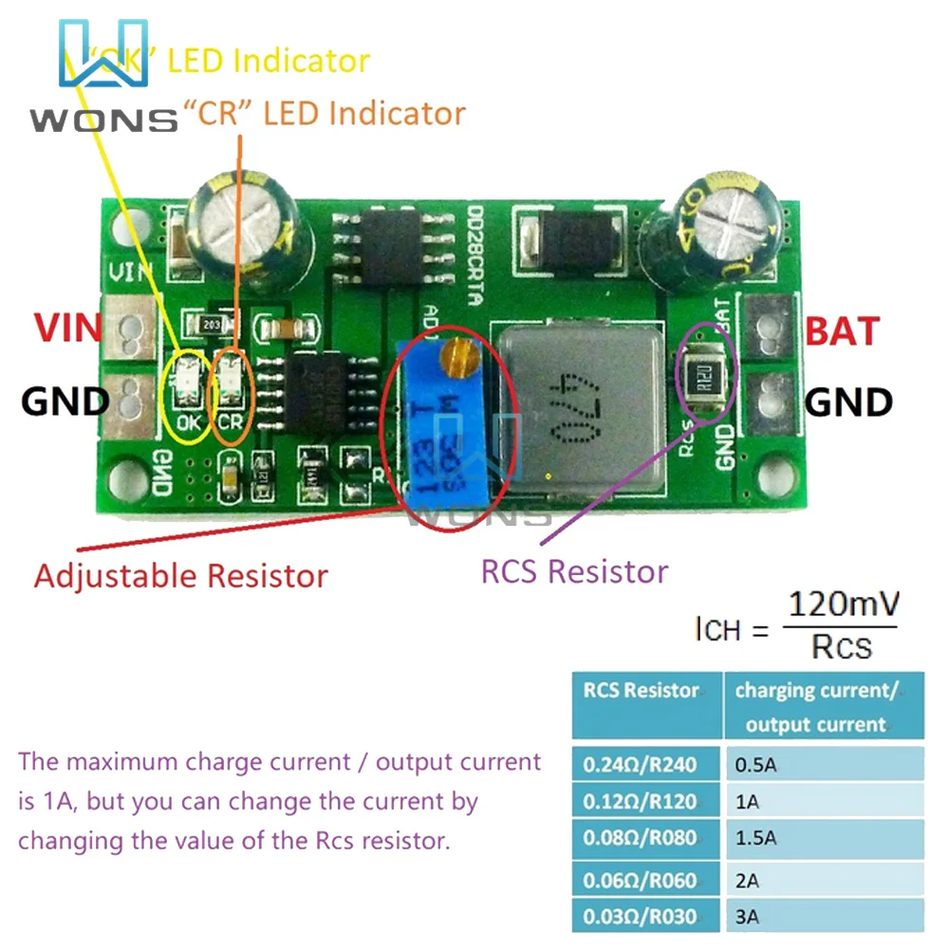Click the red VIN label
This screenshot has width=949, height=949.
point(66,328)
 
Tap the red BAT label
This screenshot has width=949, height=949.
point(844,331)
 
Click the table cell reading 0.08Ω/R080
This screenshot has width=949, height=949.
point(641,839)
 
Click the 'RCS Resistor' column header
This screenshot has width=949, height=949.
point(641,691)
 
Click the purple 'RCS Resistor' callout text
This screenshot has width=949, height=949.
point(575,571)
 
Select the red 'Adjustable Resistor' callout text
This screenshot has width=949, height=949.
point(181,576)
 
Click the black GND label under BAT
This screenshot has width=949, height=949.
point(848,402)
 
